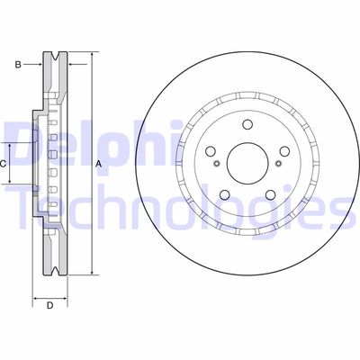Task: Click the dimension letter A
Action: [98, 163]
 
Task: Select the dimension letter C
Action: [4, 163]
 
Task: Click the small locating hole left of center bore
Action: [216, 165]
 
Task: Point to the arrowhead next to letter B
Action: [40, 64]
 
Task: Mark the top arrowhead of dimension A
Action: [90, 56]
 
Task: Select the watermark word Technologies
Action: [180, 210]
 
